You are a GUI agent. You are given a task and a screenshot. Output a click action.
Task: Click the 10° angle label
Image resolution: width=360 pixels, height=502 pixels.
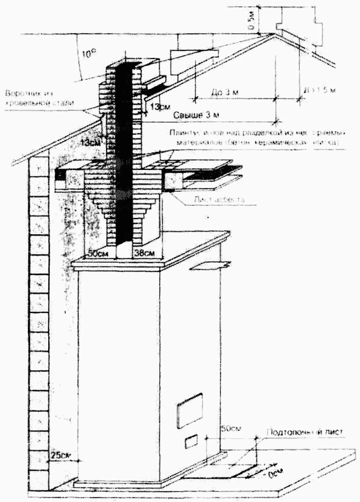pos(89,53)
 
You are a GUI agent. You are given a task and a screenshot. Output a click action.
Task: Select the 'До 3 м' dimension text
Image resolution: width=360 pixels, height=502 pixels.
pos(224,92)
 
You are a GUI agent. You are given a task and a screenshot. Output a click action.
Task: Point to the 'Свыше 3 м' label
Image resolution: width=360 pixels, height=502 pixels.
pos(196,115)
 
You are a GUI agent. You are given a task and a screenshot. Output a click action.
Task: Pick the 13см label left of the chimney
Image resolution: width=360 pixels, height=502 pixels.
pos(91,143)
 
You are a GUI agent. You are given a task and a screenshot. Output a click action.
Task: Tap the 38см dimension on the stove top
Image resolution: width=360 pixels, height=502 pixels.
pos(144,253)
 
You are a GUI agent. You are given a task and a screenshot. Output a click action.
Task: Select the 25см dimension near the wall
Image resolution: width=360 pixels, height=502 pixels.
pos(60,455)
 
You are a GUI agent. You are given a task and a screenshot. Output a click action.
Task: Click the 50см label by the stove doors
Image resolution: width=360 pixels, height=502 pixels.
pos(231,429)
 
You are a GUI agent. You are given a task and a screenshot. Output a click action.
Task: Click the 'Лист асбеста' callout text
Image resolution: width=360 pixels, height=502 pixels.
pos(219,200)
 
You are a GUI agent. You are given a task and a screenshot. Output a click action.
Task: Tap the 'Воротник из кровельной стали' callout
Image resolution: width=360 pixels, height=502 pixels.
pos(39,98)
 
